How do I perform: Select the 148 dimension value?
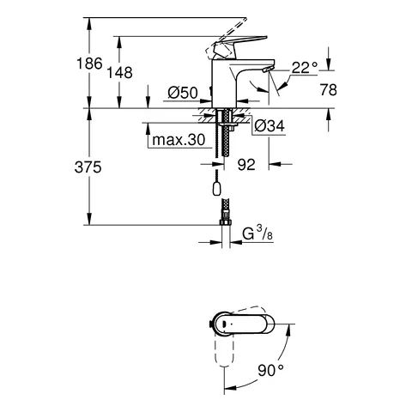tap(121, 73)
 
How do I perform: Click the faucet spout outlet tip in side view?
tap(266, 70)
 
